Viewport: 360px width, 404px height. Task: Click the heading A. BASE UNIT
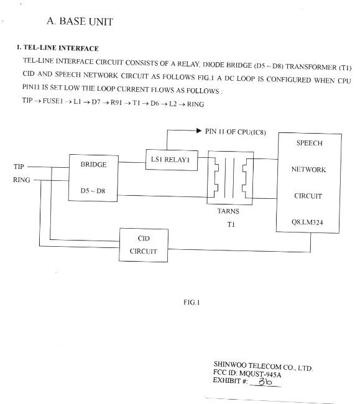(80, 21)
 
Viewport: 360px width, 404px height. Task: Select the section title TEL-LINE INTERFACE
(61, 48)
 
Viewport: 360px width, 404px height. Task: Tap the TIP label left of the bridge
(19, 167)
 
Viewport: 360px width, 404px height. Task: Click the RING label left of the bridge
(22, 180)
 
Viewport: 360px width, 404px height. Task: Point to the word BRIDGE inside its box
(93, 164)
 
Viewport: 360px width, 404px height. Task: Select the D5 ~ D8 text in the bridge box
(93, 191)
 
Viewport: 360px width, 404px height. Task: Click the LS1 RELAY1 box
(172, 160)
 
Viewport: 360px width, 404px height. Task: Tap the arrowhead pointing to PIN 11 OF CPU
(199, 131)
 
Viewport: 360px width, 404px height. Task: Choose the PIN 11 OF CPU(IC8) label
(235, 132)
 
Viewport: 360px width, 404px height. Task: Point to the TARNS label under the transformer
(228, 211)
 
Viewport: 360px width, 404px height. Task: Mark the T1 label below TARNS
(231, 224)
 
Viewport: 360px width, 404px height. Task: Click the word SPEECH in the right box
(309, 143)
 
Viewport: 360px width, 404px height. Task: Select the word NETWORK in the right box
(308, 169)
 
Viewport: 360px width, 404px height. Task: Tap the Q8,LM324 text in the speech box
(307, 222)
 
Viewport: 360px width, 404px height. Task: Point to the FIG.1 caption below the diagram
(192, 302)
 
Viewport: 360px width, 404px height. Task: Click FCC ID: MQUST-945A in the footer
(247, 374)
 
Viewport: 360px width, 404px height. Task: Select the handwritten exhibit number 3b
(265, 382)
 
